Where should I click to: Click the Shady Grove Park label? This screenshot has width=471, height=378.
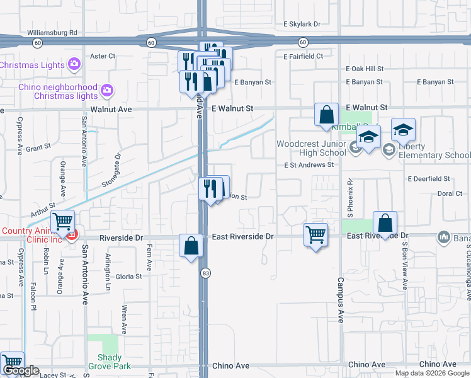pyautogui.click(x=110, y=362)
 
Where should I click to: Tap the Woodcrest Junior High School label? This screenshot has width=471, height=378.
pyautogui.click(x=311, y=149)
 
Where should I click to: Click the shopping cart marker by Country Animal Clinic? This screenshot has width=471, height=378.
pyautogui.click(x=62, y=222)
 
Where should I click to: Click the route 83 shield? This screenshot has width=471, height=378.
pyautogui.click(x=205, y=273)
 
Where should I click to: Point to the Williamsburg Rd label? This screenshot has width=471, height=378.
pyautogui.click(x=52, y=32)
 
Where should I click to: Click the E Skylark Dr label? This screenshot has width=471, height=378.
pyautogui.click(x=302, y=24)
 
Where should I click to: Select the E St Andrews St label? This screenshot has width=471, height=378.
pyautogui.click(x=309, y=165)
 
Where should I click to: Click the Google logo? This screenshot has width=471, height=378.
pyautogui.click(x=21, y=370)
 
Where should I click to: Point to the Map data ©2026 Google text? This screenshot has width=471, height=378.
pyautogui.click(x=431, y=373)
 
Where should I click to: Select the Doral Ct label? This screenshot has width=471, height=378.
pyautogui.click(x=449, y=194)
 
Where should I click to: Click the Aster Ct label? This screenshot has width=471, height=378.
pyautogui.click(x=103, y=56)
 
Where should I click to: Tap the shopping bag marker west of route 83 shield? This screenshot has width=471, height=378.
pyautogui.click(x=190, y=246)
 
